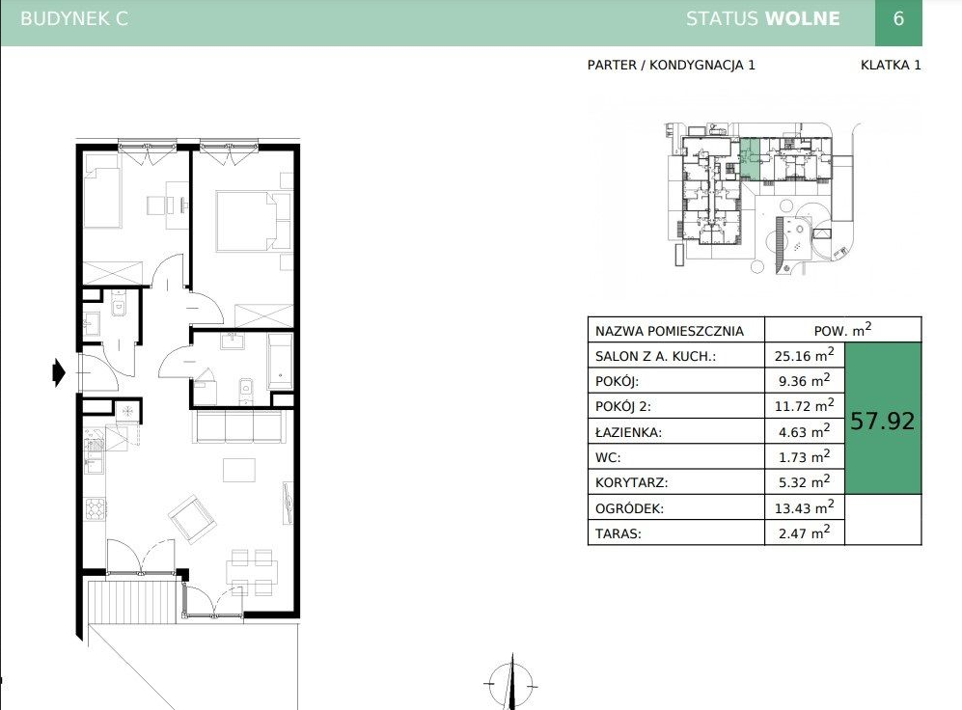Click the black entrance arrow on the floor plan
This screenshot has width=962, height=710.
[59, 372]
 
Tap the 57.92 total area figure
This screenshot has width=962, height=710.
[882, 421]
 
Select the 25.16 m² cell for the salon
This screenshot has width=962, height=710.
[805, 355]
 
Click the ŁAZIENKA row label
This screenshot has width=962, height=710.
[628, 432]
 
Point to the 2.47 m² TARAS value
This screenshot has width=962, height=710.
[805, 532]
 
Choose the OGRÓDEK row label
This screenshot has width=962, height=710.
[629, 508]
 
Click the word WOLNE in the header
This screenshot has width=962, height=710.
[803, 18]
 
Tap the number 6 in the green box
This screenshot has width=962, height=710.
[898, 18]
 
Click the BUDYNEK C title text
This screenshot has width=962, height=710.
[74, 18]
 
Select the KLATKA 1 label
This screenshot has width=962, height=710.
[891, 65]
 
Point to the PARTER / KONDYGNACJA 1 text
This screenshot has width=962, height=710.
[672, 65]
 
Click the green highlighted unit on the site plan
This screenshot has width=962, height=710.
[750, 158]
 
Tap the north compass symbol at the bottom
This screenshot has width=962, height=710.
[511, 683]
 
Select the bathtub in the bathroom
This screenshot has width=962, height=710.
[281, 361]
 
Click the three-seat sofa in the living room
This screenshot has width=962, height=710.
[239, 425]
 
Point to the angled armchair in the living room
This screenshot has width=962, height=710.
[193, 519]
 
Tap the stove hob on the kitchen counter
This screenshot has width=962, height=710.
[96, 508]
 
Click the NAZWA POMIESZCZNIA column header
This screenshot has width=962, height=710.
[670, 331]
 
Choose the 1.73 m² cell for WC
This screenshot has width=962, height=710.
[805, 457]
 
